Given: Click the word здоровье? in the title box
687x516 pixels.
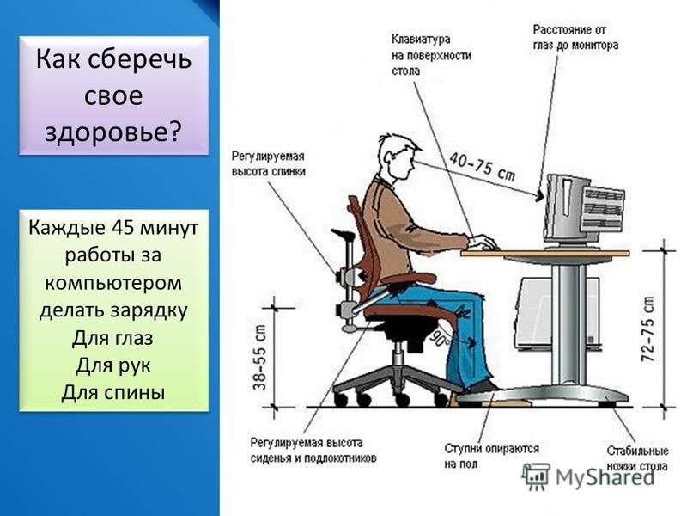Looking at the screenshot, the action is click(113, 132).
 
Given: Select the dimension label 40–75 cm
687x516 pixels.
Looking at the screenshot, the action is click(482, 167).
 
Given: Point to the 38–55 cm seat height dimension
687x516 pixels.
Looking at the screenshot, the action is click(259, 357).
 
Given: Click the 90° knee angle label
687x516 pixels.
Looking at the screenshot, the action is click(439, 338).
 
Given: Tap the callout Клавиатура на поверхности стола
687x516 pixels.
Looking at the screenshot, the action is click(431, 55).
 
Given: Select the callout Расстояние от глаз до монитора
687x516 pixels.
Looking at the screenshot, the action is click(575, 37).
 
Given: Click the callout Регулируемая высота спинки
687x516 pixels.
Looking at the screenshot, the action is click(268, 163).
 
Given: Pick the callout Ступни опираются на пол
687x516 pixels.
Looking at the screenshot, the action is click(491, 457).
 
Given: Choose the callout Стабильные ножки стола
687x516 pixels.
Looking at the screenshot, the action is click(637, 458).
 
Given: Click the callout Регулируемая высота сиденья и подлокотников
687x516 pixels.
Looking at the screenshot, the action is click(313, 451).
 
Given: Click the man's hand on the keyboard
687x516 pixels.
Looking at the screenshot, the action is click(484, 241).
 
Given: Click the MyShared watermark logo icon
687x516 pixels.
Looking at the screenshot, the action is click(535, 476).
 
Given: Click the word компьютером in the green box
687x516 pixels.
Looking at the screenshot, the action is click(113, 283).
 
